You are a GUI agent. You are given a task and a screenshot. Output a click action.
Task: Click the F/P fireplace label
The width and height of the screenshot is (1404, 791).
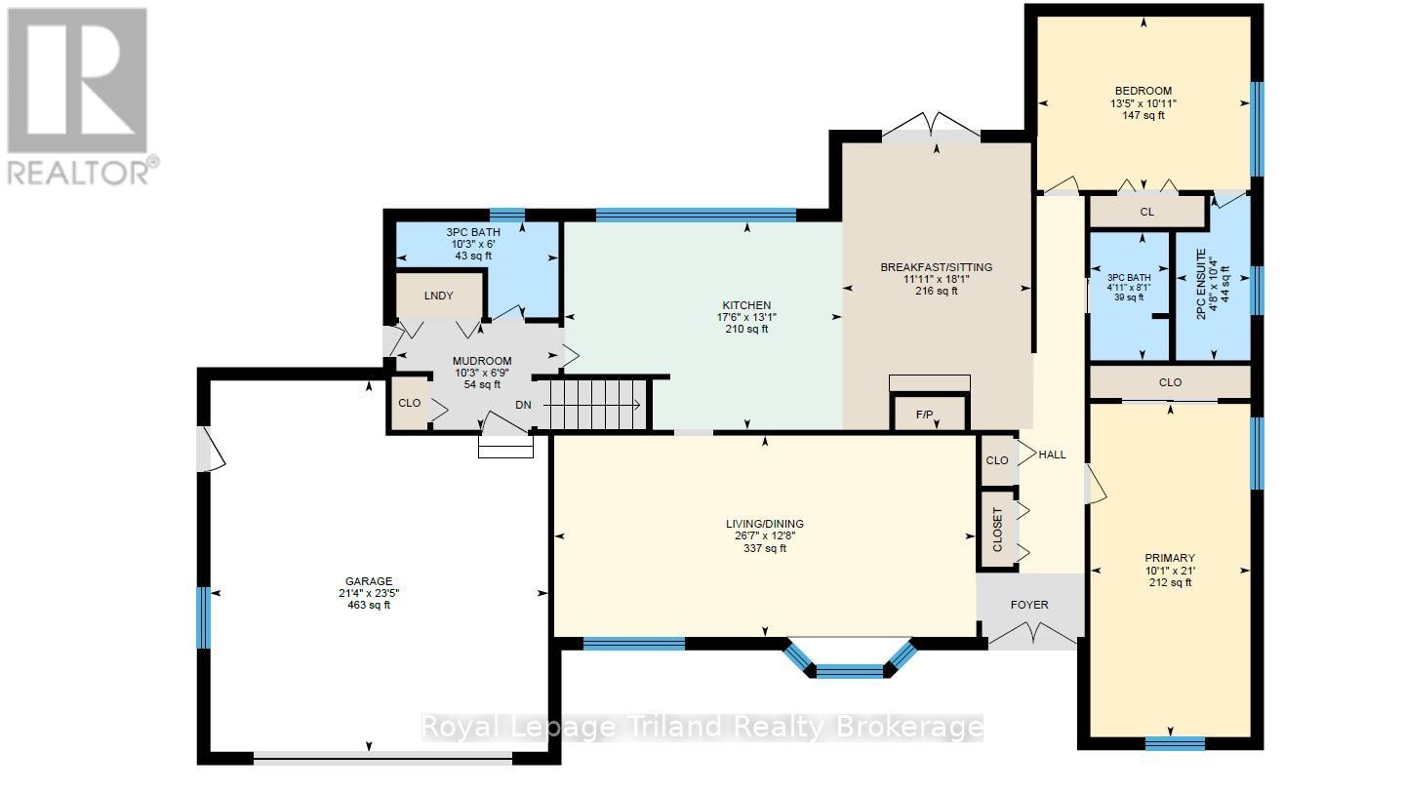(x=925, y=415)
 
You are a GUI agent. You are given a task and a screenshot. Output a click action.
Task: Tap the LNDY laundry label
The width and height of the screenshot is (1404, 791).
(x=438, y=296)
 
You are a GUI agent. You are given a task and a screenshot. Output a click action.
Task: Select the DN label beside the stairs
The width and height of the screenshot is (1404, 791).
(x=523, y=405)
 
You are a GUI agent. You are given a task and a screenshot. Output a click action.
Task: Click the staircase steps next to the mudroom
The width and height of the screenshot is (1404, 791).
(x=592, y=404)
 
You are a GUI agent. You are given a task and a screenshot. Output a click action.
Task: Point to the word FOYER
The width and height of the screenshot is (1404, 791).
(x=1029, y=605)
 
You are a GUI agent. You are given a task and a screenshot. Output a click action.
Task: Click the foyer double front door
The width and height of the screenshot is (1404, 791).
(x=1033, y=632)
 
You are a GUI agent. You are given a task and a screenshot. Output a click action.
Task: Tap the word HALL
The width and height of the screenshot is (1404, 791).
(x=1053, y=455)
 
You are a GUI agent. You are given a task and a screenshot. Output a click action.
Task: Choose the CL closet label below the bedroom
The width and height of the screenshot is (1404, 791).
(x=1147, y=212)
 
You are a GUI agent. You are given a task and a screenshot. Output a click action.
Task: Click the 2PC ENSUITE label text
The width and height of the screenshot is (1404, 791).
(x=1202, y=284)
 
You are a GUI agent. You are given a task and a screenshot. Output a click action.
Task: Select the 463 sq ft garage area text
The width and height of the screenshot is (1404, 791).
(x=369, y=605)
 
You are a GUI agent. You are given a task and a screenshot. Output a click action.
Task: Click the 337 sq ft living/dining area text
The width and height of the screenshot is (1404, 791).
(x=765, y=548)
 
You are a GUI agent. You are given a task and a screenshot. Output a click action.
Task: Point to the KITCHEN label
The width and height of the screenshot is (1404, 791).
(x=746, y=305)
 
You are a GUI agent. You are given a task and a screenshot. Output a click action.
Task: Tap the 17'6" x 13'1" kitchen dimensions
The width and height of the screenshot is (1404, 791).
(x=746, y=317)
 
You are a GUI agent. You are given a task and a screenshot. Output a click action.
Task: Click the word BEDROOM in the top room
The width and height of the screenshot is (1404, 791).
(x=1143, y=91)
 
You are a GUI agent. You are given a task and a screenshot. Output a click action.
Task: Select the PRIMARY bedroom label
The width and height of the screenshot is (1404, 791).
(x=1170, y=558)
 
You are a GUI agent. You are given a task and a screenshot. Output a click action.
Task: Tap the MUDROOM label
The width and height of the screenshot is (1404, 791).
(x=482, y=361)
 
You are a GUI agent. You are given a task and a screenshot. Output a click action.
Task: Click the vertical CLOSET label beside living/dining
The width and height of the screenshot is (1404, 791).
(x=998, y=530)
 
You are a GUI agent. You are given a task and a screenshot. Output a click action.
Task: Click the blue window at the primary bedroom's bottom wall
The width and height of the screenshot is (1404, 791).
(x=1176, y=743)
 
